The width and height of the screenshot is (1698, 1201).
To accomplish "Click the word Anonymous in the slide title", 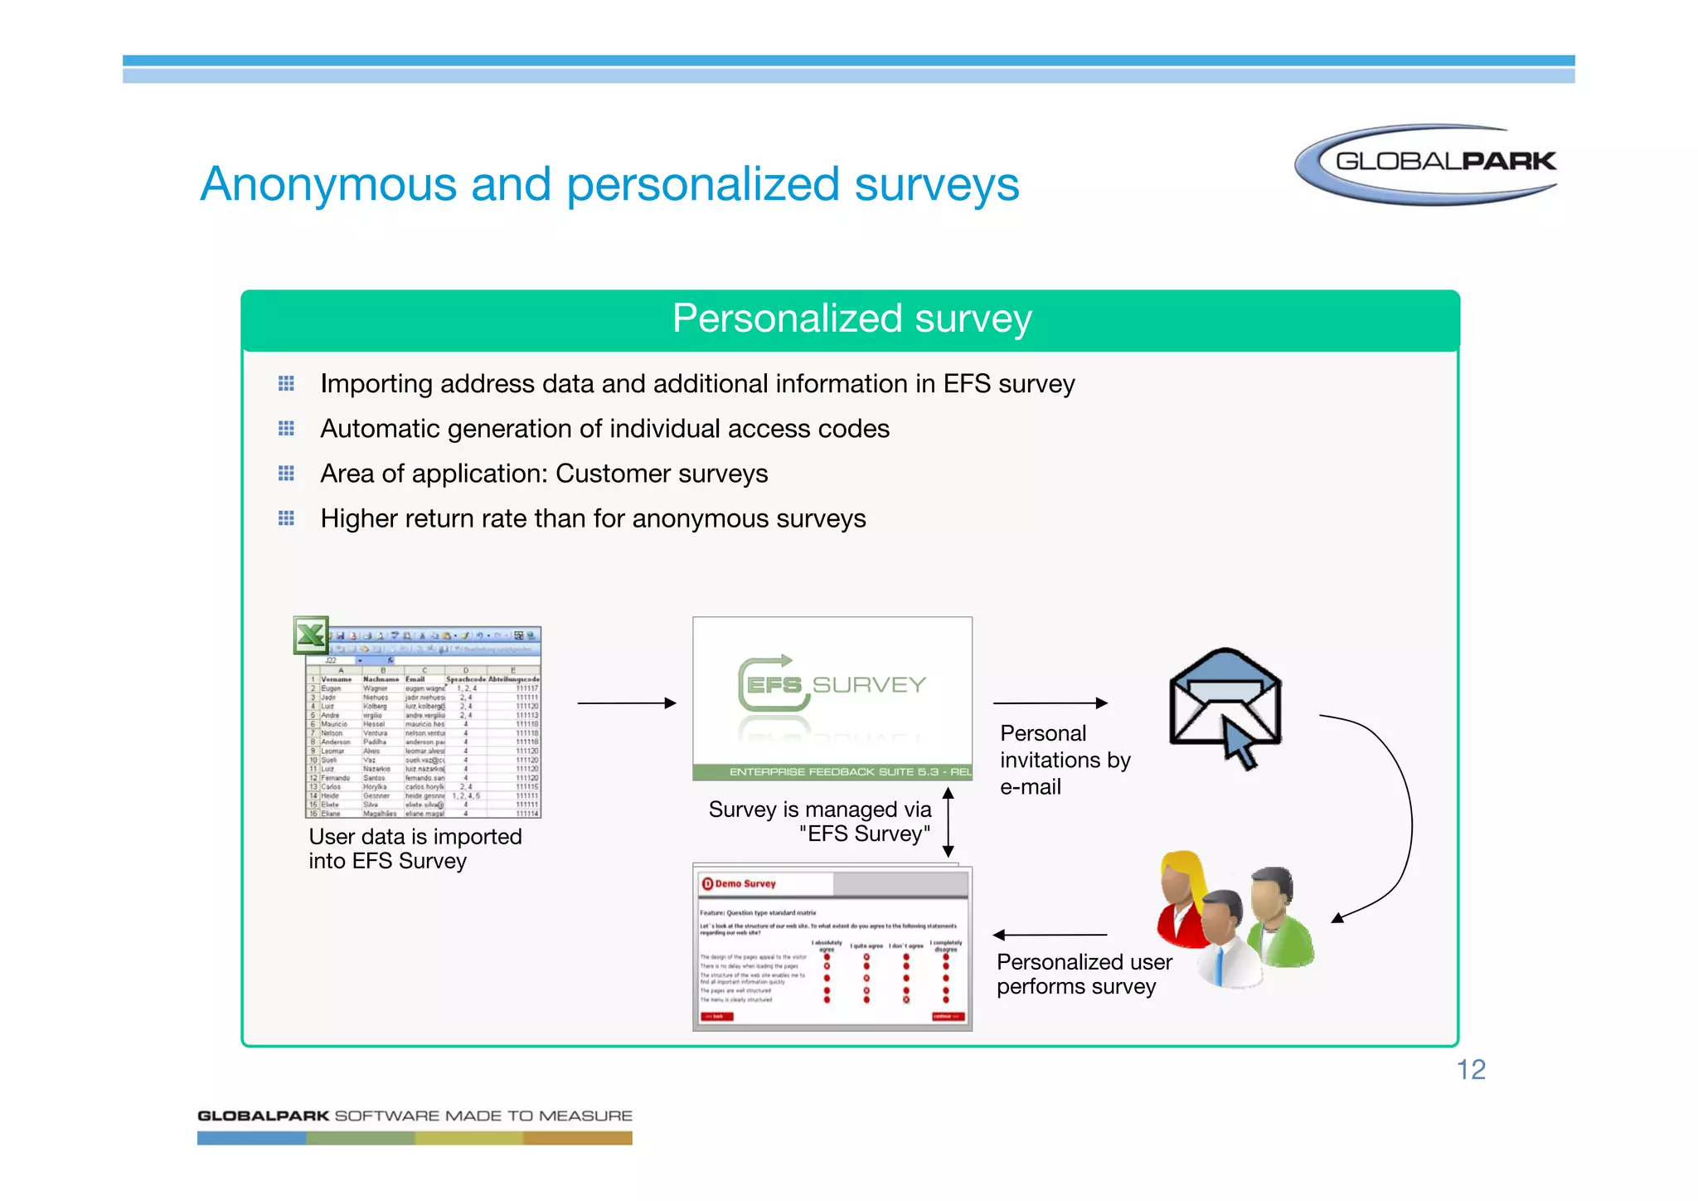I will point(328,184).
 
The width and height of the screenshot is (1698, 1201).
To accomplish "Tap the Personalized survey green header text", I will point(851,318).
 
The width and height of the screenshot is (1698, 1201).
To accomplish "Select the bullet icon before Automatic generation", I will point(286,428).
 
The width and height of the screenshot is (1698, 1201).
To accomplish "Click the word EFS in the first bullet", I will point(967,384).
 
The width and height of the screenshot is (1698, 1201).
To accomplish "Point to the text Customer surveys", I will point(662,474).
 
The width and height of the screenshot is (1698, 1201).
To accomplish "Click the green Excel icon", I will point(311,635).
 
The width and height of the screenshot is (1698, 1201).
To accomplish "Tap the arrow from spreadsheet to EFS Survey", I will point(626,703).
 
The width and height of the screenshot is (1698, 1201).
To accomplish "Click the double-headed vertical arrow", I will point(948,822).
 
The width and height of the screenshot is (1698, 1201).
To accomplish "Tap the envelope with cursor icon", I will point(1225,705).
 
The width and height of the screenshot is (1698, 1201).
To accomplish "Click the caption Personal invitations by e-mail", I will point(1064,760).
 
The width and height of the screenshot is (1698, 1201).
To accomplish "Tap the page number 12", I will point(1471,1070).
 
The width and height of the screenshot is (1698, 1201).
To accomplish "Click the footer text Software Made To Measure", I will point(483,1116).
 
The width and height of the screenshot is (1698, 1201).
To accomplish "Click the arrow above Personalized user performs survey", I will point(1050,935).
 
